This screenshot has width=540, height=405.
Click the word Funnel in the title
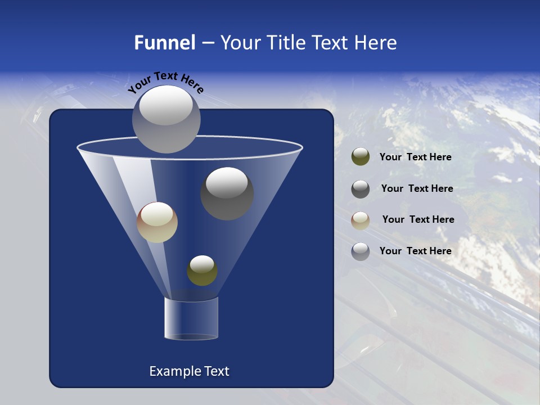[x=165, y=43]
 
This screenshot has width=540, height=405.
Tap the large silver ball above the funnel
[x=166, y=119]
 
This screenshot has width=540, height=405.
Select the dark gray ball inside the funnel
[x=227, y=194]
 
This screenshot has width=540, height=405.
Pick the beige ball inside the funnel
[x=157, y=223]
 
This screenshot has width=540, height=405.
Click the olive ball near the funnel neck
[x=202, y=271]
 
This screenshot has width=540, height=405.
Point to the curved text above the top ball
[x=165, y=82]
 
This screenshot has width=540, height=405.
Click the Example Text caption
[x=189, y=371]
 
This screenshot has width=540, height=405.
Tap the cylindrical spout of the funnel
[x=191, y=318]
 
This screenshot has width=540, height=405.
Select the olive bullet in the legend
[x=361, y=157]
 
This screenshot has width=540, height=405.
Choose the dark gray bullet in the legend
[x=361, y=189]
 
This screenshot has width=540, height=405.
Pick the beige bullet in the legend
[x=361, y=220]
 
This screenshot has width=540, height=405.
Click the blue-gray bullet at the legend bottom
[x=361, y=251]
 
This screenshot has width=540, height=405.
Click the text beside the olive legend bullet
[x=415, y=157]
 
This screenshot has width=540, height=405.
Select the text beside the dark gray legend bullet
[x=417, y=189]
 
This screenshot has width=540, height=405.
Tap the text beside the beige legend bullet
[x=418, y=220]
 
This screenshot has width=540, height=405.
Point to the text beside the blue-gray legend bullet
[x=415, y=251]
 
